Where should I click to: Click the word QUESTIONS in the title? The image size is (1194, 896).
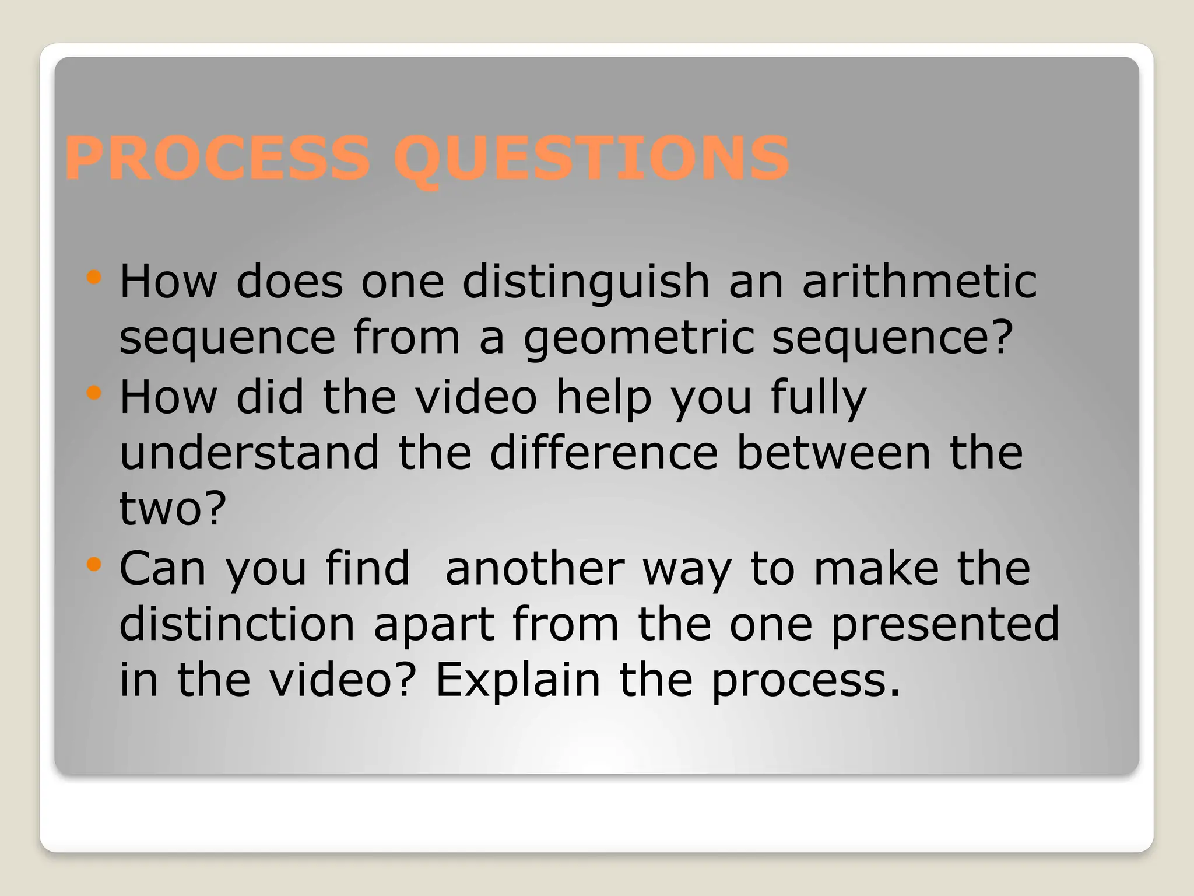pos(591,159)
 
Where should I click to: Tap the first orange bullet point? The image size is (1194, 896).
pos(93,277)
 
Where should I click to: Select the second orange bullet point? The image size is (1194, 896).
pos(93,393)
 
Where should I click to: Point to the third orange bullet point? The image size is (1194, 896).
pos(93,564)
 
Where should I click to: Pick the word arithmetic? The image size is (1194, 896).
pos(919,281)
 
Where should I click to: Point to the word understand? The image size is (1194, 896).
pos(250,453)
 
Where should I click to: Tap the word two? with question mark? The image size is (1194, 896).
pos(173,509)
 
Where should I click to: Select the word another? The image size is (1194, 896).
pos(535,568)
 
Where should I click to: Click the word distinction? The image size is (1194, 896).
pos(237,624)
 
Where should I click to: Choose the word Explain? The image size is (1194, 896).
pos(518,681)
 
